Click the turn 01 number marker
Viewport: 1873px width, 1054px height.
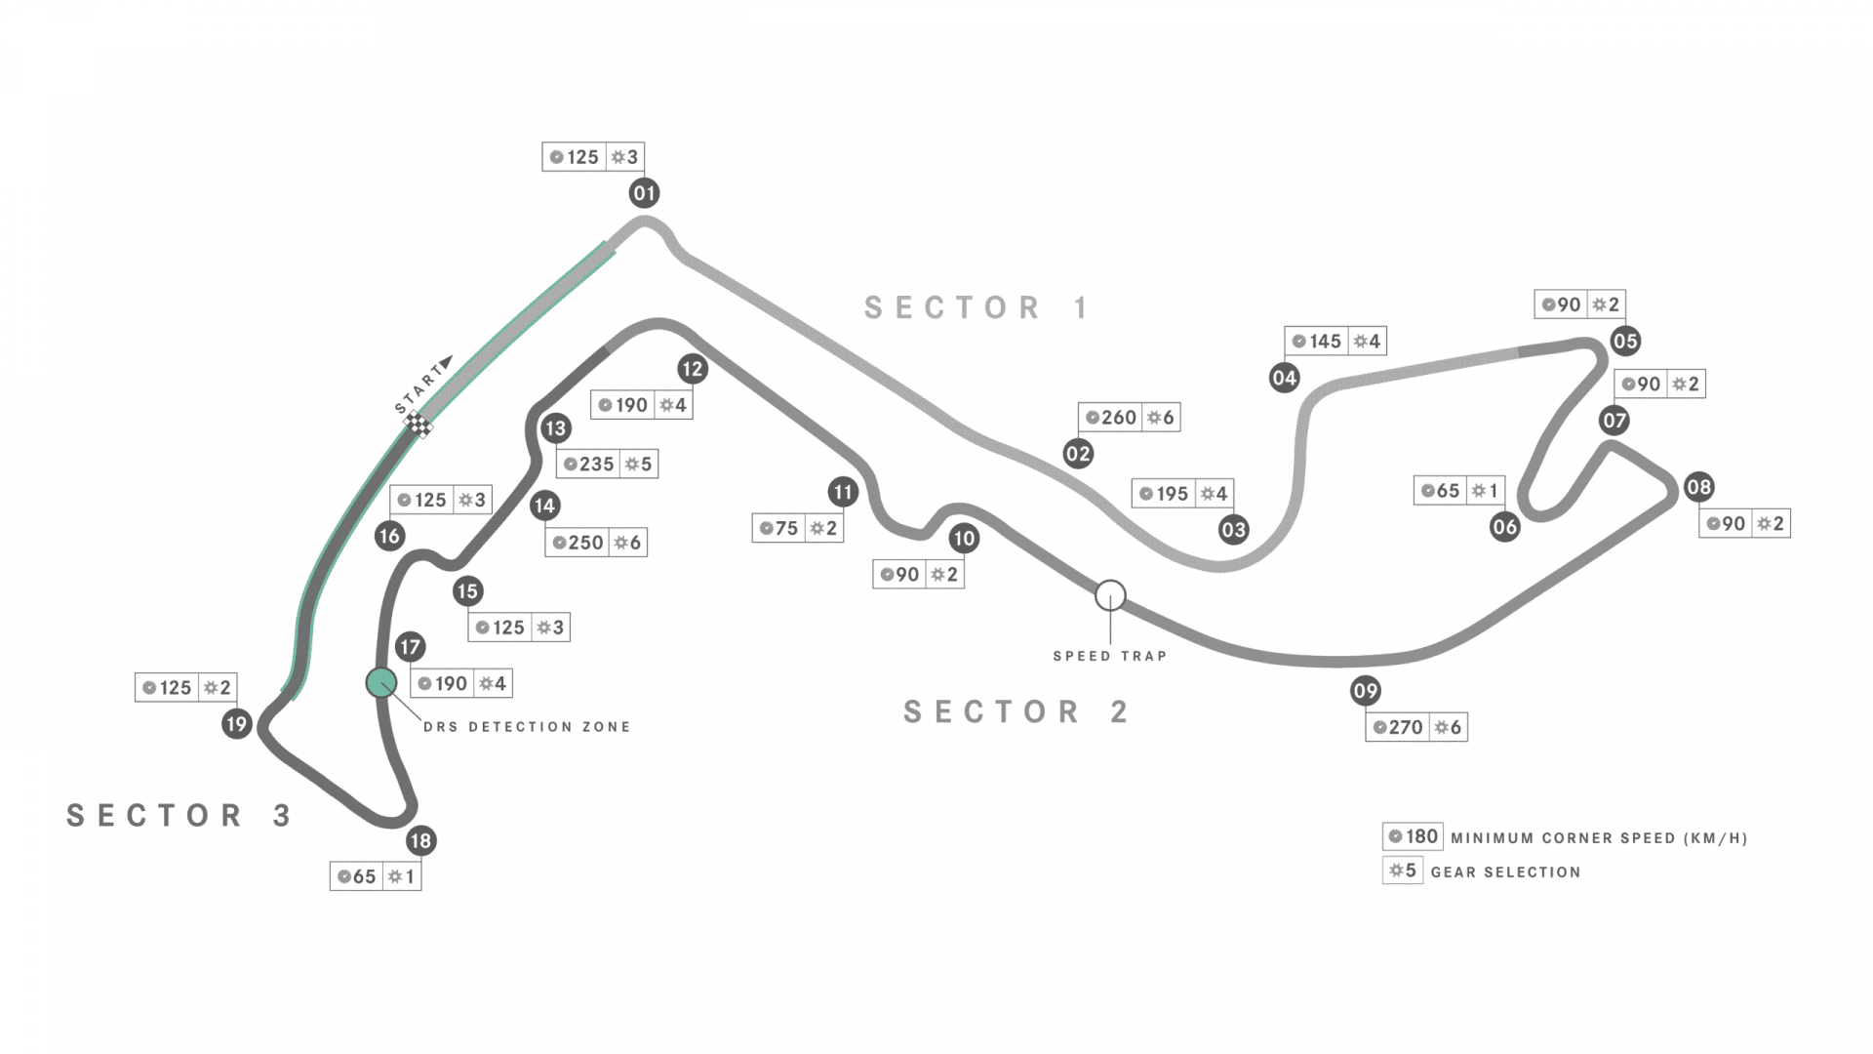click(644, 193)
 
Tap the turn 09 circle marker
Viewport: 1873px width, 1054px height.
click(1365, 691)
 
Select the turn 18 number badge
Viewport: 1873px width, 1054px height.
click(420, 840)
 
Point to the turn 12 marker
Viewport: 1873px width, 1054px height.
click(692, 369)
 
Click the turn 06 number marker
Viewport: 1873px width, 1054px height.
click(1504, 528)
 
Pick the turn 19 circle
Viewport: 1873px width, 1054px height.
click(236, 724)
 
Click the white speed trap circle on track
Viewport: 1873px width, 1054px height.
click(1110, 595)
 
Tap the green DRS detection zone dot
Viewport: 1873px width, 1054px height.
click(381, 683)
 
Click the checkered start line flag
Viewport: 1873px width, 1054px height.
click(419, 426)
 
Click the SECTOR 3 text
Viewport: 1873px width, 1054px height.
click(179, 816)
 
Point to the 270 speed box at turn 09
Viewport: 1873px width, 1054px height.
click(1398, 727)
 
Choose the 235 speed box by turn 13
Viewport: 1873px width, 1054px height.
click(589, 464)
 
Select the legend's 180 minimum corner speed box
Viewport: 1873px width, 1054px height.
click(1413, 836)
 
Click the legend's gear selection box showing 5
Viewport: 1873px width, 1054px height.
click(1402, 871)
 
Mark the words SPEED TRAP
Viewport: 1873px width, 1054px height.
click(1110, 657)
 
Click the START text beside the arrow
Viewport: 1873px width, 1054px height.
click(418, 391)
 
